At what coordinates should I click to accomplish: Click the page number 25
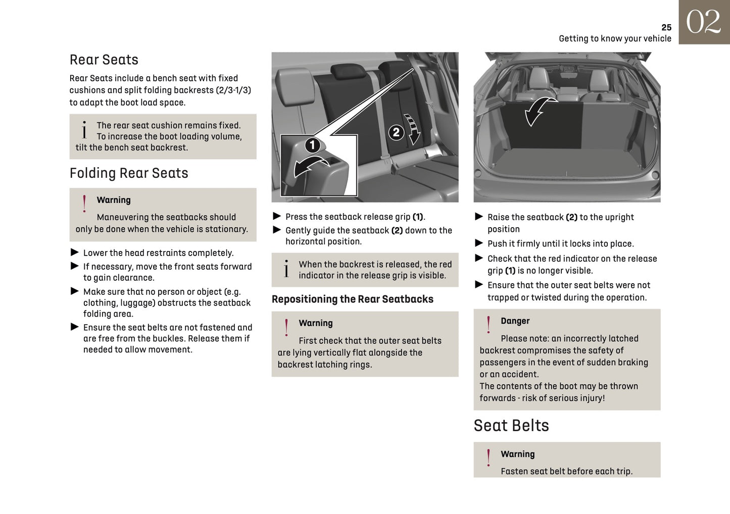[x=666, y=27]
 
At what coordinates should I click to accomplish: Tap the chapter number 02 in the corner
[x=703, y=23]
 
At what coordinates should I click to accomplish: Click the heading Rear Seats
[x=104, y=60]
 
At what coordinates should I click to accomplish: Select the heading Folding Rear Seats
[x=129, y=173]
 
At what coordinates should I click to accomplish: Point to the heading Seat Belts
[x=511, y=426]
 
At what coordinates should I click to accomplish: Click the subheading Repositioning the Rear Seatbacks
[x=352, y=299]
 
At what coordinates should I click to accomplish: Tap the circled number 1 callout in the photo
[x=312, y=145]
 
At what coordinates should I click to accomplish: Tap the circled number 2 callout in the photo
[x=396, y=132]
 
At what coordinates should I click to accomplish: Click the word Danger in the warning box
[x=515, y=321]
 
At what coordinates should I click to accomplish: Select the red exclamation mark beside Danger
[x=488, y=325]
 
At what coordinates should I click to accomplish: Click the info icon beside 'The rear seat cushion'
[x=84, y=130]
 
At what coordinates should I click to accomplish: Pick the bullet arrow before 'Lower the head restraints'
[x=75, y=252]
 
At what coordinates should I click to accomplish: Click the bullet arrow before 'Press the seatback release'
[x=277, y=216]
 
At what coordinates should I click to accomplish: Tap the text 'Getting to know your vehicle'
[x=615, y=39]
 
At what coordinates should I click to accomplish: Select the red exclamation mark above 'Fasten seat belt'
[x=488, y=457]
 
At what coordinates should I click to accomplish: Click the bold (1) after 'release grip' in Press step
[x=418, y=217]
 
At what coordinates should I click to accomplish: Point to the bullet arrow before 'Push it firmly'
[x=479, y=243]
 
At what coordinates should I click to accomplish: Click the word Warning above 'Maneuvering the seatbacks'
[x=114, y=200]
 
